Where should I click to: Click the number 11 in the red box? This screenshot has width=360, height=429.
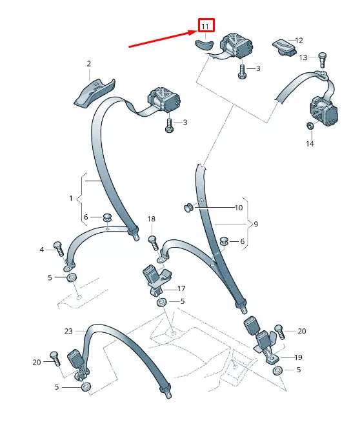click(205, 26)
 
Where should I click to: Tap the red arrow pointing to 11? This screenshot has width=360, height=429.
click(163, 39)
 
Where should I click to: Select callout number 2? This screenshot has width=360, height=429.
click(88, 64)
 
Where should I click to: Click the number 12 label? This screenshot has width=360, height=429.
click(299, 41)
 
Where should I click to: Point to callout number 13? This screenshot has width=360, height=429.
click(303, 57)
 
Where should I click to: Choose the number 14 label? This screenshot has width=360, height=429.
click(310, 144)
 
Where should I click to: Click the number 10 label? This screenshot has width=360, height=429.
click(239, 208)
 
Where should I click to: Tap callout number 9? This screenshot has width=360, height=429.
click(255, 224)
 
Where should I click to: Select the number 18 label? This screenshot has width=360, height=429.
click(151, 219)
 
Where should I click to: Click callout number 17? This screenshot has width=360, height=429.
click(181, 288)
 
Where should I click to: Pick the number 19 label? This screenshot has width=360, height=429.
click(299, 357)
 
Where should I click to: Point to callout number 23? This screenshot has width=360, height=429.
click(68, 332)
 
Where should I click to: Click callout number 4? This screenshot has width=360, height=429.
click(41, 250)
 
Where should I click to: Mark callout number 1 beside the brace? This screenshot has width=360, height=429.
click(71, 198)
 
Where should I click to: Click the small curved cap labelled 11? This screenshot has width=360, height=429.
click(203, 45)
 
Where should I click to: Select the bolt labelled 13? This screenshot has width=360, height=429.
click(323, 59)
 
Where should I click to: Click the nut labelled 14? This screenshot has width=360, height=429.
click(310, 126)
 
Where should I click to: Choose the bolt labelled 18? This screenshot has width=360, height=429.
click(154, 243)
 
